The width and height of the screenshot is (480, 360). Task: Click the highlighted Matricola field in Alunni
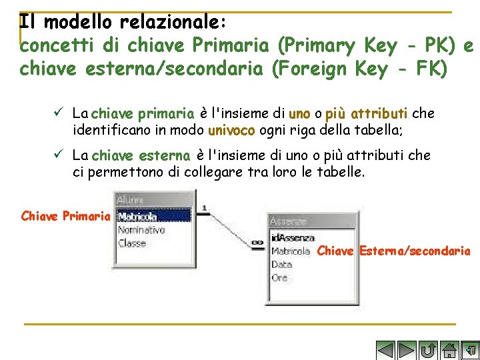coord(137,216)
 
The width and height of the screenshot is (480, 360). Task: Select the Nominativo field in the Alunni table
coord(141,230)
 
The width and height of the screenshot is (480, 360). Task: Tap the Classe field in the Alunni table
coord(132,243)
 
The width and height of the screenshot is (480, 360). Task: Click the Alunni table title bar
coord(153,200)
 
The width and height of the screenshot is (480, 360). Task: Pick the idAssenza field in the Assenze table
coord(293,237)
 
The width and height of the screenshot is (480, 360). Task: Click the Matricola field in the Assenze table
coord(291,251)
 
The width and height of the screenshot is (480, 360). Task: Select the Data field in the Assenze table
coord(282,264)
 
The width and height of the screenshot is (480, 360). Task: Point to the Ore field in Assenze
coord(280,277)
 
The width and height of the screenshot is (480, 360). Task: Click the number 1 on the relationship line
coord(203,207)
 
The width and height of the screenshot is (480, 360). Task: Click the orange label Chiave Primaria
coord(65,216)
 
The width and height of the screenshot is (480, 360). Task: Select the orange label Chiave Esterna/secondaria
coord(394,251)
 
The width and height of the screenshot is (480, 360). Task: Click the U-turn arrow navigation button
coord(428,350)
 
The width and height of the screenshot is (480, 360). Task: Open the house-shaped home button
coord(449,350)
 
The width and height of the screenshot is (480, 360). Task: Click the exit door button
coord(470,350)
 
